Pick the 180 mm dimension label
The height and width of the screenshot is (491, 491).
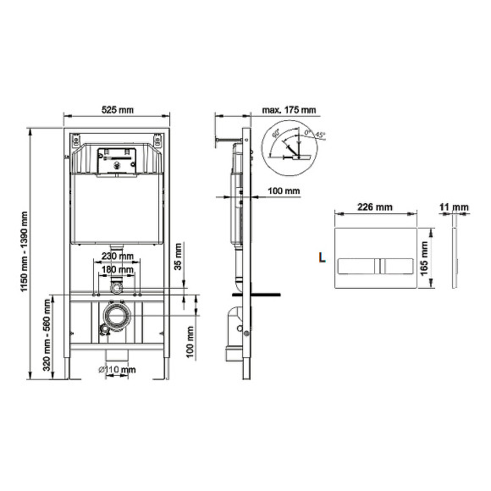[117, 272]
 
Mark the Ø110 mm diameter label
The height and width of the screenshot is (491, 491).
[117, 370]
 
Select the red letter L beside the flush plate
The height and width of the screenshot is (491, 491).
[322, 255]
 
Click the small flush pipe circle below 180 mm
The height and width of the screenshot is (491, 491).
[117, 289]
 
